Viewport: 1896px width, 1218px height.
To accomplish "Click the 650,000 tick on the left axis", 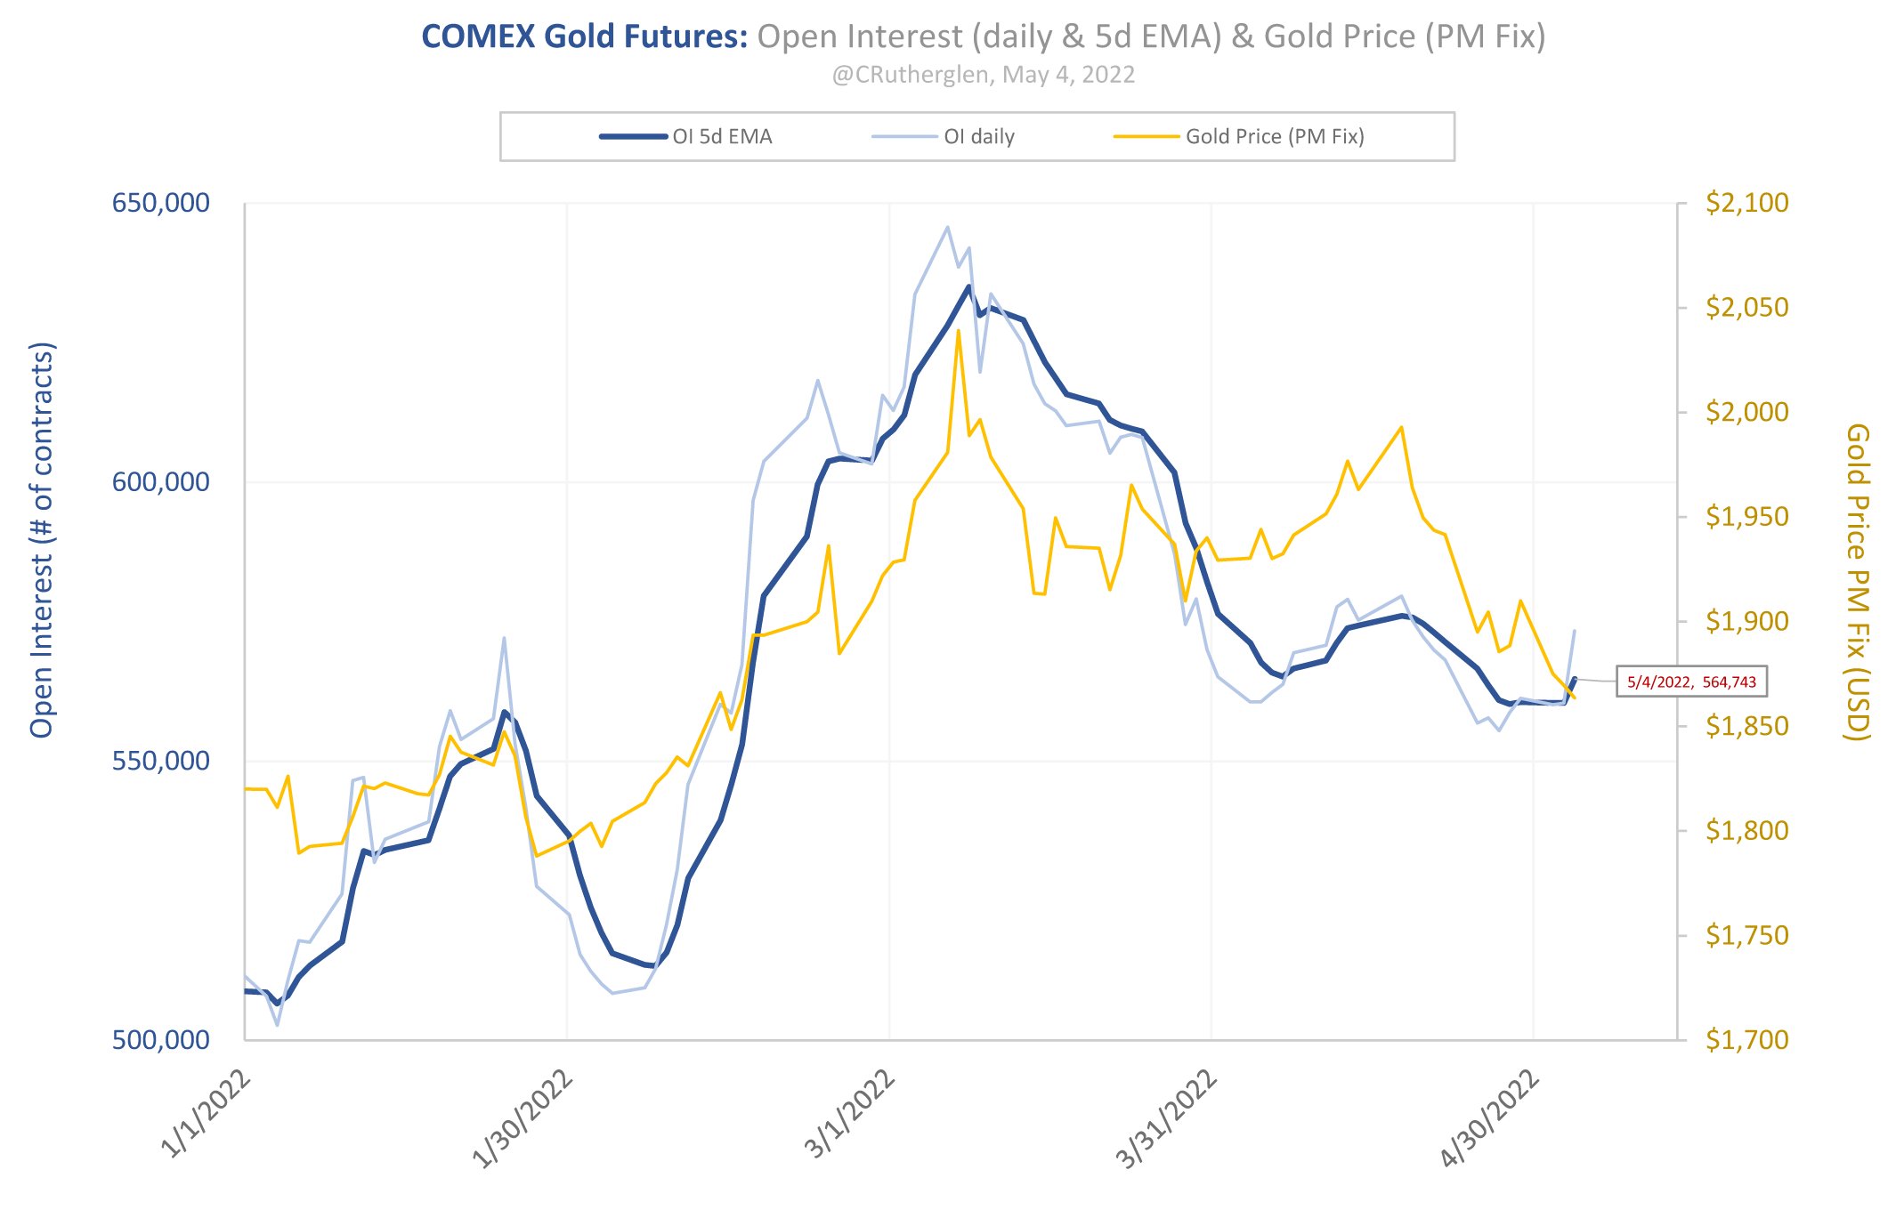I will point(160,203).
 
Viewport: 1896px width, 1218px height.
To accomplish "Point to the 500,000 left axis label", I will point(160,1039).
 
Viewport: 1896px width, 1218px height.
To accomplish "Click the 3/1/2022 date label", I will point(850,1116).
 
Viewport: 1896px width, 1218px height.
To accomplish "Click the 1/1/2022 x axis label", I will point(206,1116).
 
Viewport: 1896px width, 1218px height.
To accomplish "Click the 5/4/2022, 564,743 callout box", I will point(1691,682).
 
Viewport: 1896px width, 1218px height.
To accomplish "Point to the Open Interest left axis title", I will point(43,540).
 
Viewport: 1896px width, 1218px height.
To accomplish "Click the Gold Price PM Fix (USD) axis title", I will point(1857,582).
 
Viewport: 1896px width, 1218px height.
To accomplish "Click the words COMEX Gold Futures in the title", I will point(584,36).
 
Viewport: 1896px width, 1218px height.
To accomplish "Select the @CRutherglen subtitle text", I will point(983,75).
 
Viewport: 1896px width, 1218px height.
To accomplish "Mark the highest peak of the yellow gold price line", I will point(958,331).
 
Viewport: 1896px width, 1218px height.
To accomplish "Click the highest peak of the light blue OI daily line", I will point(947,227).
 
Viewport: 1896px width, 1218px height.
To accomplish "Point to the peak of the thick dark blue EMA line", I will point(968,286).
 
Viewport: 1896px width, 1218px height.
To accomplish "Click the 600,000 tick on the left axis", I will point(160,481).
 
